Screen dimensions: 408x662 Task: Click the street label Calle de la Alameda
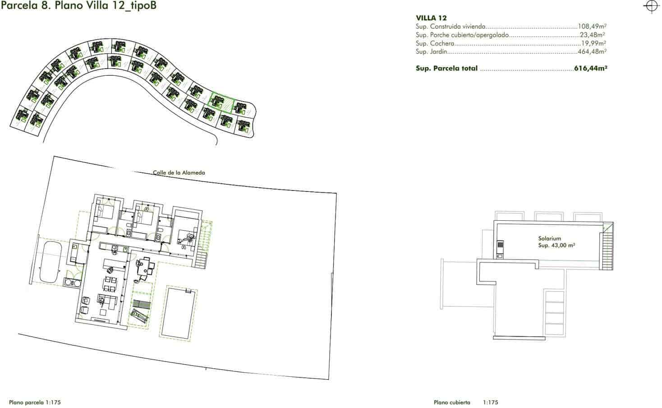[x=179, y=173]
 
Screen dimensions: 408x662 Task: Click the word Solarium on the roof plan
[x=549, y=238]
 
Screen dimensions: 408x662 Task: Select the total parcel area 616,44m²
[x=591, y=69]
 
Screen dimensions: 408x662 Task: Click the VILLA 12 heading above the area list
[x=431, y=18]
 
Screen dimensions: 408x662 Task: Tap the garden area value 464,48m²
[x=592, y=52]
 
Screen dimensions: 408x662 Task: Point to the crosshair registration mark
[x=651, y=6]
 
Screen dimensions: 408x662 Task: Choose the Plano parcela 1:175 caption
[x=32, y=402]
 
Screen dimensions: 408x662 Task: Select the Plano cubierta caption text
[x=452, y=402]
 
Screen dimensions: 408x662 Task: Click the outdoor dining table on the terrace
[x=146, y=267]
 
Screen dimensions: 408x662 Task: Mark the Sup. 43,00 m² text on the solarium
[x=556, y=246]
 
